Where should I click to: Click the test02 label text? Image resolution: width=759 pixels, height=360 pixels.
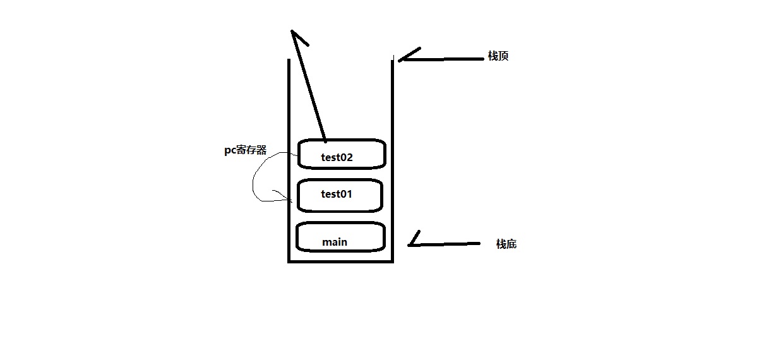tap(337, 158)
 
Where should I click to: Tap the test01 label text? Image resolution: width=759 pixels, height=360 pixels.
tap(336, 195)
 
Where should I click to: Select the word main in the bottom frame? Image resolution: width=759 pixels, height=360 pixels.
tap(335, 242)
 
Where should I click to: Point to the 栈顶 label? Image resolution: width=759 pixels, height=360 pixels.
tap(499, 56)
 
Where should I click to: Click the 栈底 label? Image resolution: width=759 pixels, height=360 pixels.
tap(506, 244)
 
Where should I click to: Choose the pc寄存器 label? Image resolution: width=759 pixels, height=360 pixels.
tap(246, 151)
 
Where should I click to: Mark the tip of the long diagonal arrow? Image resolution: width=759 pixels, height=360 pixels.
tap(293, 31)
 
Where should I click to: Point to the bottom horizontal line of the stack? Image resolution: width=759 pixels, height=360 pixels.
tap(341, 261)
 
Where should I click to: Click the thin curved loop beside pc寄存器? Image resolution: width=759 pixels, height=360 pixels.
tap(254, 183)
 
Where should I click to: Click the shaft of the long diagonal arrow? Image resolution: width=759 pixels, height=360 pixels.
tap(309, 88)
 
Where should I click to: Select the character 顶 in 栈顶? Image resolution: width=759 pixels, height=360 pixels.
tap(504, 56)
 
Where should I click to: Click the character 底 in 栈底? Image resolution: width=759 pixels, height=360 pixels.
tap(511, 244)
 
